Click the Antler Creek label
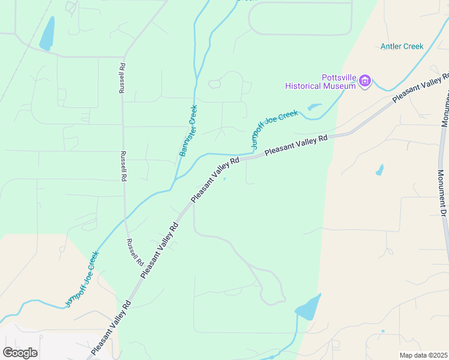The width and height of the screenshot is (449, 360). pos(402,46)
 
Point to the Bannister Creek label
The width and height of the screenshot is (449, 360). pos(188,131)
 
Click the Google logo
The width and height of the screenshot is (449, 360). pos(20,352)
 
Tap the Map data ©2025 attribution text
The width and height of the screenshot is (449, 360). pos(423,355)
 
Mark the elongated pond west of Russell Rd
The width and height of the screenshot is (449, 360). pos(47,34)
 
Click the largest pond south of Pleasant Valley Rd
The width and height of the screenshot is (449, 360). pos(307,308)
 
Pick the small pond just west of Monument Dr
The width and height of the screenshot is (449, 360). pos(379,170)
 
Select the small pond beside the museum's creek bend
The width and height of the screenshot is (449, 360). pos(313,107)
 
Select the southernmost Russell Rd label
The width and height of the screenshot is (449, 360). pos(134,252)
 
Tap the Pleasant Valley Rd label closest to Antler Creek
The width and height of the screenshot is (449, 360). pos(420,88)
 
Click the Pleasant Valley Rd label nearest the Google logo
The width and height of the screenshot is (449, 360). pos(110,328)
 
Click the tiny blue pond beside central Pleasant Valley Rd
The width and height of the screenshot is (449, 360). pos(225,178)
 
